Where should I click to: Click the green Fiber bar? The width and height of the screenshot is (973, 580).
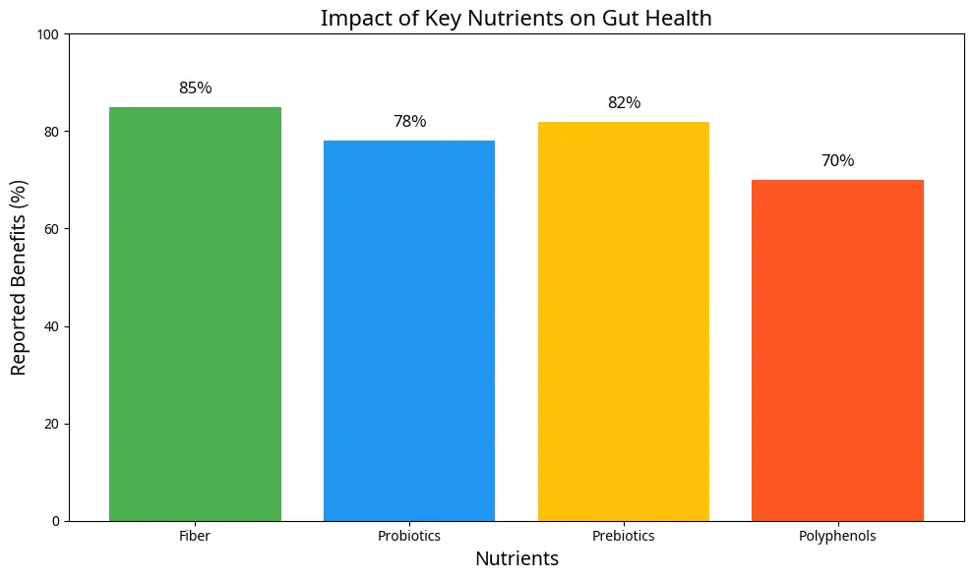point(195,314)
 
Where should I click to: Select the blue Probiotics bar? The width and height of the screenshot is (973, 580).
point(409,330)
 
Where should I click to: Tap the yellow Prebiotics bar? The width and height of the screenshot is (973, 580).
point(624,320)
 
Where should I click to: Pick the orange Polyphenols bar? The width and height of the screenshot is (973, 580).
point(837,350)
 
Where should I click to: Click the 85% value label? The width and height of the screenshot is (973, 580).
point(195,88)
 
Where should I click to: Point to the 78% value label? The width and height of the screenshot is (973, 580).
point(409,122)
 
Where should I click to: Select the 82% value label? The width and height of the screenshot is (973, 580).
point(624,103)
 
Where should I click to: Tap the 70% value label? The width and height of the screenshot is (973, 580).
point(837,161)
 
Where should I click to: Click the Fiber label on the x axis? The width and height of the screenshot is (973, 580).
point(195,537)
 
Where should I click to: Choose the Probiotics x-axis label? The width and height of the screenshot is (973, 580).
point(409,537)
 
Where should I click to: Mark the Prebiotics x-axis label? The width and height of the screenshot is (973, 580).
point(624,537)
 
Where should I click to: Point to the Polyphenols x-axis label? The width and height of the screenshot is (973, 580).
point(837,537)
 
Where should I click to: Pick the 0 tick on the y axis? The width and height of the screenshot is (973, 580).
point(56,521)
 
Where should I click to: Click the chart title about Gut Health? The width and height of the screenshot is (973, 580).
point(517,18)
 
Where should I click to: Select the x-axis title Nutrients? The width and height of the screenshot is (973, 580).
point(517,559)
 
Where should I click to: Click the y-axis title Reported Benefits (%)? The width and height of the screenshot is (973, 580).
point(19,277)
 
